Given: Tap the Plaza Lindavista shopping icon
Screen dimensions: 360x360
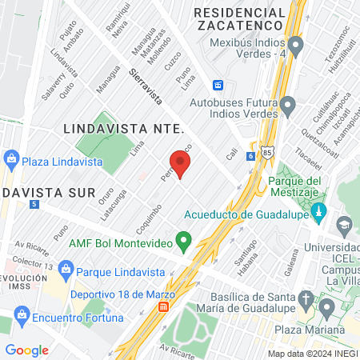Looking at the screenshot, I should (x=11, y=159).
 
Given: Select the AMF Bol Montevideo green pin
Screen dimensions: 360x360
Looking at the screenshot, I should (x=184, y=239).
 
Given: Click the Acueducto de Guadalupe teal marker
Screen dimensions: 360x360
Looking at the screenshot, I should (x=319, y=213).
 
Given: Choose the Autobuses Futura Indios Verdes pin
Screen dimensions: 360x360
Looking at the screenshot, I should (x=288, y=104).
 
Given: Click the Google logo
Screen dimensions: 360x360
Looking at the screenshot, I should (x=26, y=350).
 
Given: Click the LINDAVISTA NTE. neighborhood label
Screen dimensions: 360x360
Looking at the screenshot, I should (x=123, y=128).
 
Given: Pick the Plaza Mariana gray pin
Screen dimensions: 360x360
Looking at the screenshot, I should (x=326, y=306).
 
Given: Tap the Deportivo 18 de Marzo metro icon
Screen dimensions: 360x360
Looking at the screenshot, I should (x=164, y=306).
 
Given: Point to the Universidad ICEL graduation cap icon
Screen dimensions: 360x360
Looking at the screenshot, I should (x=344, y=225).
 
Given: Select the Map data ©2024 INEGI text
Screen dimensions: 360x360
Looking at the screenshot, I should (x=312, y=353).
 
